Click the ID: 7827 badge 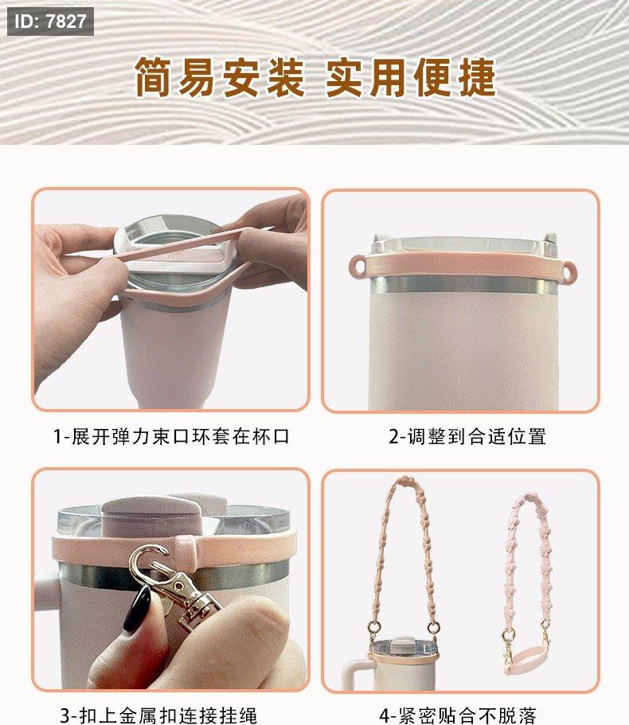click(x=50, y=21)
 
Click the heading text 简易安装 click(x=220, y=78)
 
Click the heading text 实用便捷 click(x=411, y=78)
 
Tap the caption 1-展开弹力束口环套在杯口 click(x=172, y=436)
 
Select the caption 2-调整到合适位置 click(x=467, y=436)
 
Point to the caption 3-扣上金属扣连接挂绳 click(x=158, y=715)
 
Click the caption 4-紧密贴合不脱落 click(x=457, y=715)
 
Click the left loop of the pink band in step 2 click(x=357, y=267)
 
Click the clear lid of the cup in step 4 click(x=404, y=647)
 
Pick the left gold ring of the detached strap click(x=509, y=635)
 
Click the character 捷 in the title click(x=476, y=78)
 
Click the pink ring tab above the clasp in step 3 click(x=185, y=550)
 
